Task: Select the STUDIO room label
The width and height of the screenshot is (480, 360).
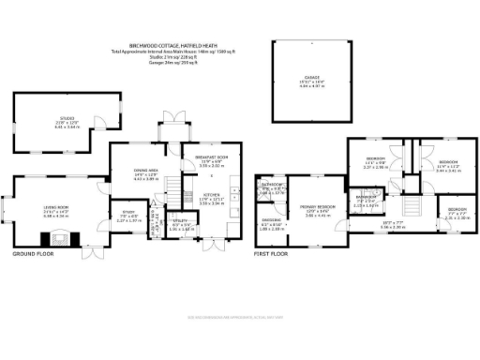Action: pos(68,119)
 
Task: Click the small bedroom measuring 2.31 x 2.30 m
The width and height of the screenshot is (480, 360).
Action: pos(455,212)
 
